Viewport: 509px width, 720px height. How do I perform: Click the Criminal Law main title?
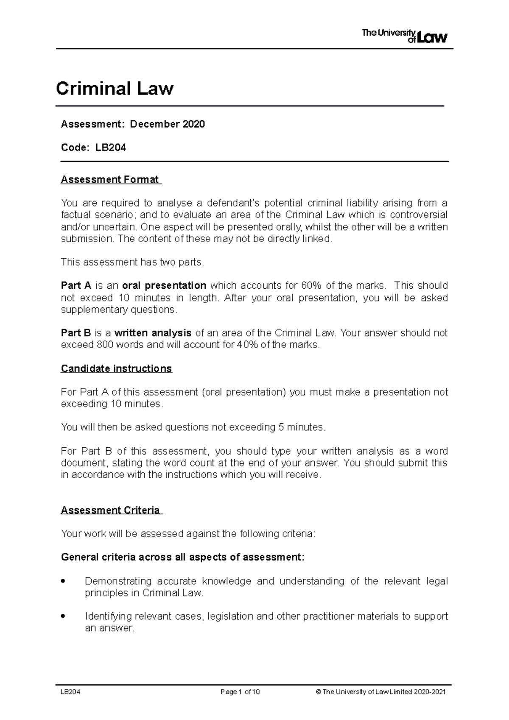(115, 89)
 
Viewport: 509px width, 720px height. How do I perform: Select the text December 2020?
(167, 124)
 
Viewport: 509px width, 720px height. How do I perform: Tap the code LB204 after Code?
(111, 148)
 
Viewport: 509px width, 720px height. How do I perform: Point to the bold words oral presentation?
(164, 285)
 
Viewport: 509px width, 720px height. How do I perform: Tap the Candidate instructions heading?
(116, 368)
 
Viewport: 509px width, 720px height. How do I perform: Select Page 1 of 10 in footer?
(240, 692)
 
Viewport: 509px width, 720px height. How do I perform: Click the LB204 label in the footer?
(70, 692)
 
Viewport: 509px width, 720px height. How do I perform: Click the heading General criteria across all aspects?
(182, 557)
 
